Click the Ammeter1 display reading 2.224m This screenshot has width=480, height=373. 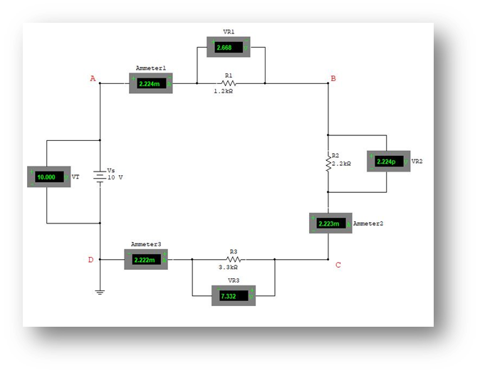pyautogui.click(x=150, y=83)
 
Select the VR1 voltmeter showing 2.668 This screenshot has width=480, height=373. pyautogui.click(x=229, y=48)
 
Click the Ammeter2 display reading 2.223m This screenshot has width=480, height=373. pyautogui.click(x=330, y=223)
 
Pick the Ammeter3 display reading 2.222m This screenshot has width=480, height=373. pyautogui.click(x=145, y=259)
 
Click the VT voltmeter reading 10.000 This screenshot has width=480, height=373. pyautogui.click(x=48, y=177)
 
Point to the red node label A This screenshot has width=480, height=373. pyautogui.click(x=93, y=78)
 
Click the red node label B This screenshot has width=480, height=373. pyautogui.click(x=333, y=78)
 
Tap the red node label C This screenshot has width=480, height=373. pyautogui.click(x=338, y=265)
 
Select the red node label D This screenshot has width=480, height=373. pyautogui.click(x=90, y=260)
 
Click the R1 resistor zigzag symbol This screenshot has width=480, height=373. pyautogui.click(x=229, y=83)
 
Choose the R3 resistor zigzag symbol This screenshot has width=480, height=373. pyautogui.click(x=233, y=260)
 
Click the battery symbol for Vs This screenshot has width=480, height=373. pyautogui.click(x=100, y=175)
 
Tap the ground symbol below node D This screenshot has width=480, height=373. pyautogui.click(x=100, y=290)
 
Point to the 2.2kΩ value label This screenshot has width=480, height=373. pyautogui.click(x=341, y=163)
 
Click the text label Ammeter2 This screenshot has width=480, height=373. pyautogui.click(x=368, y=224)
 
